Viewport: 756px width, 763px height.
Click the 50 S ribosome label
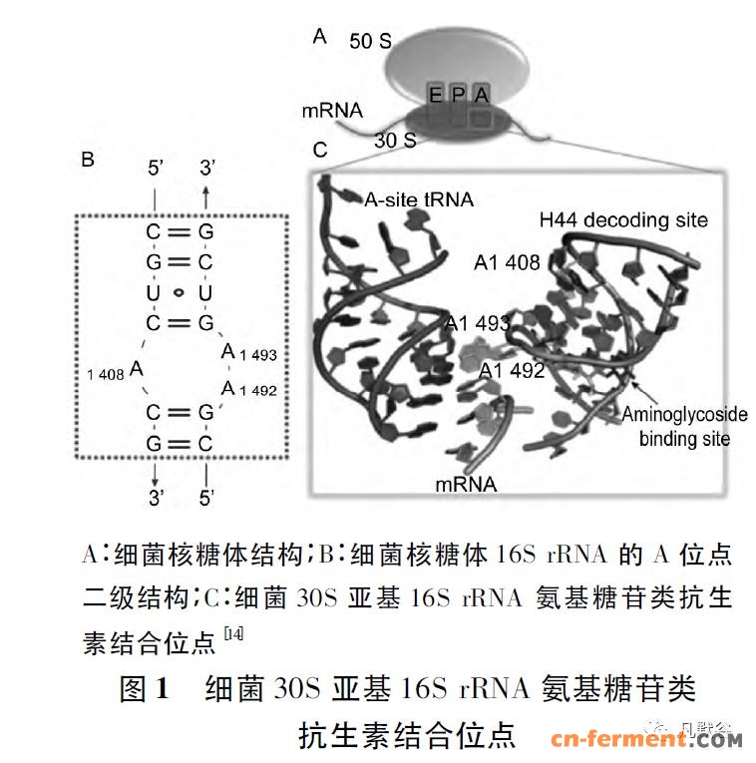pos(369,42)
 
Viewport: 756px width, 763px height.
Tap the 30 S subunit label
pos(395,141)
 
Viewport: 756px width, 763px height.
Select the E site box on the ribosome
pos(436,96)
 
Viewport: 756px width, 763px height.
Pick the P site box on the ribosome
pos(459,96)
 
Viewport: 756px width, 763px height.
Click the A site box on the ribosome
pos(482,96)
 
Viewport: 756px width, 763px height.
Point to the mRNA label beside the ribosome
pos(332,110)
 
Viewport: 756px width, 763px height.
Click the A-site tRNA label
pos(419,200)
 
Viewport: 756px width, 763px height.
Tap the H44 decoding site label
pos(623,219)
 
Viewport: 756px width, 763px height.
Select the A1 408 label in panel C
pos(508,262)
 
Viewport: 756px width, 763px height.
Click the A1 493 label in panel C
pos(477,323)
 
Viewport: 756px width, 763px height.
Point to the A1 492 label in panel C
pos(512,371)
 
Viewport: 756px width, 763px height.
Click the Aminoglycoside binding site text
pos(684,426)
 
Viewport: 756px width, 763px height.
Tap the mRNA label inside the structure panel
pos(466,485)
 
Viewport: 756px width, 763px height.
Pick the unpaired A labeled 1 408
pos(137,369)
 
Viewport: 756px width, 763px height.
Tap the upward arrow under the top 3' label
pos(205,192)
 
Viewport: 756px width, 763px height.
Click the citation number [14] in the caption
pos(232,633)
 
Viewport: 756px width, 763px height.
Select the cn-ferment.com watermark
pos(647,739)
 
